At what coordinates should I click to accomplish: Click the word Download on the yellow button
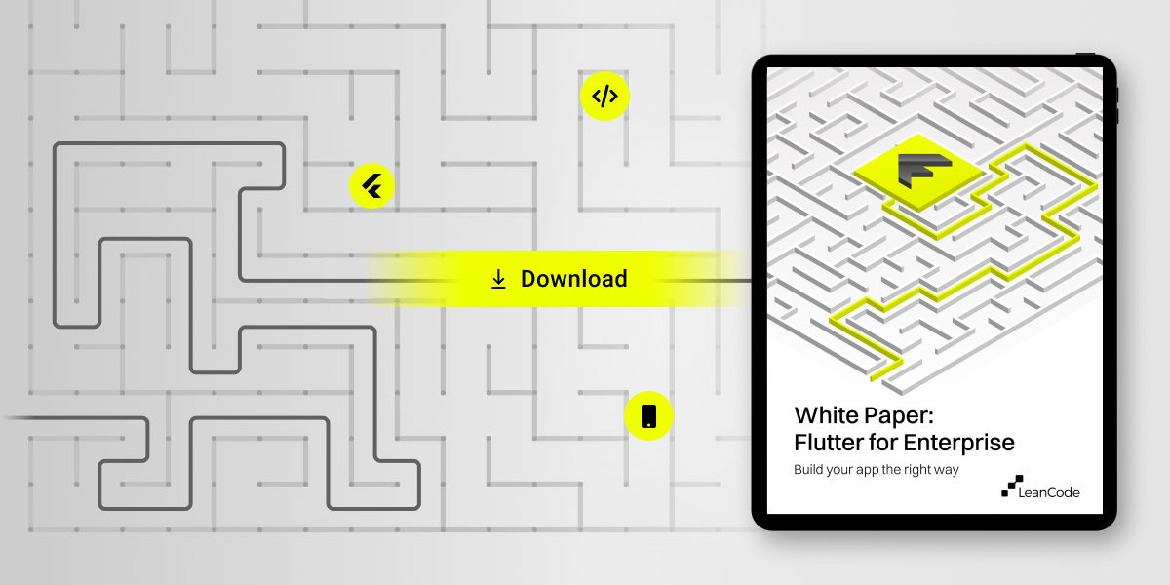(x=573, y=279)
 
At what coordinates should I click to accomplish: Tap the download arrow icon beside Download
(x=498, y=280)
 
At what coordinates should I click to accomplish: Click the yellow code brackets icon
(x=604, y=96)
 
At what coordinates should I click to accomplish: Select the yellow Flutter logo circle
(x=371, y=184)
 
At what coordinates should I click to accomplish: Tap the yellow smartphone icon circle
(x=648, y=416)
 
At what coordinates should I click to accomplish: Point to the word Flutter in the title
(x=827, y=443)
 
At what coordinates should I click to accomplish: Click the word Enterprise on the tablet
(x=958, y=443)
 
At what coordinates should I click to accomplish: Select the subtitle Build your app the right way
(x=877, y=470)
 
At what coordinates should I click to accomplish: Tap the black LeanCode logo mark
(x=1013, y=486)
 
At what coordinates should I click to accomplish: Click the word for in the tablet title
(x=881, y=443)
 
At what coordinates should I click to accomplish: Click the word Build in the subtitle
(x=811, y=470)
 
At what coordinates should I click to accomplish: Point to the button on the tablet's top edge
(x=1085, y=53)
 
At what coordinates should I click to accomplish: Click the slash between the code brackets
(x=604, y=96)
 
